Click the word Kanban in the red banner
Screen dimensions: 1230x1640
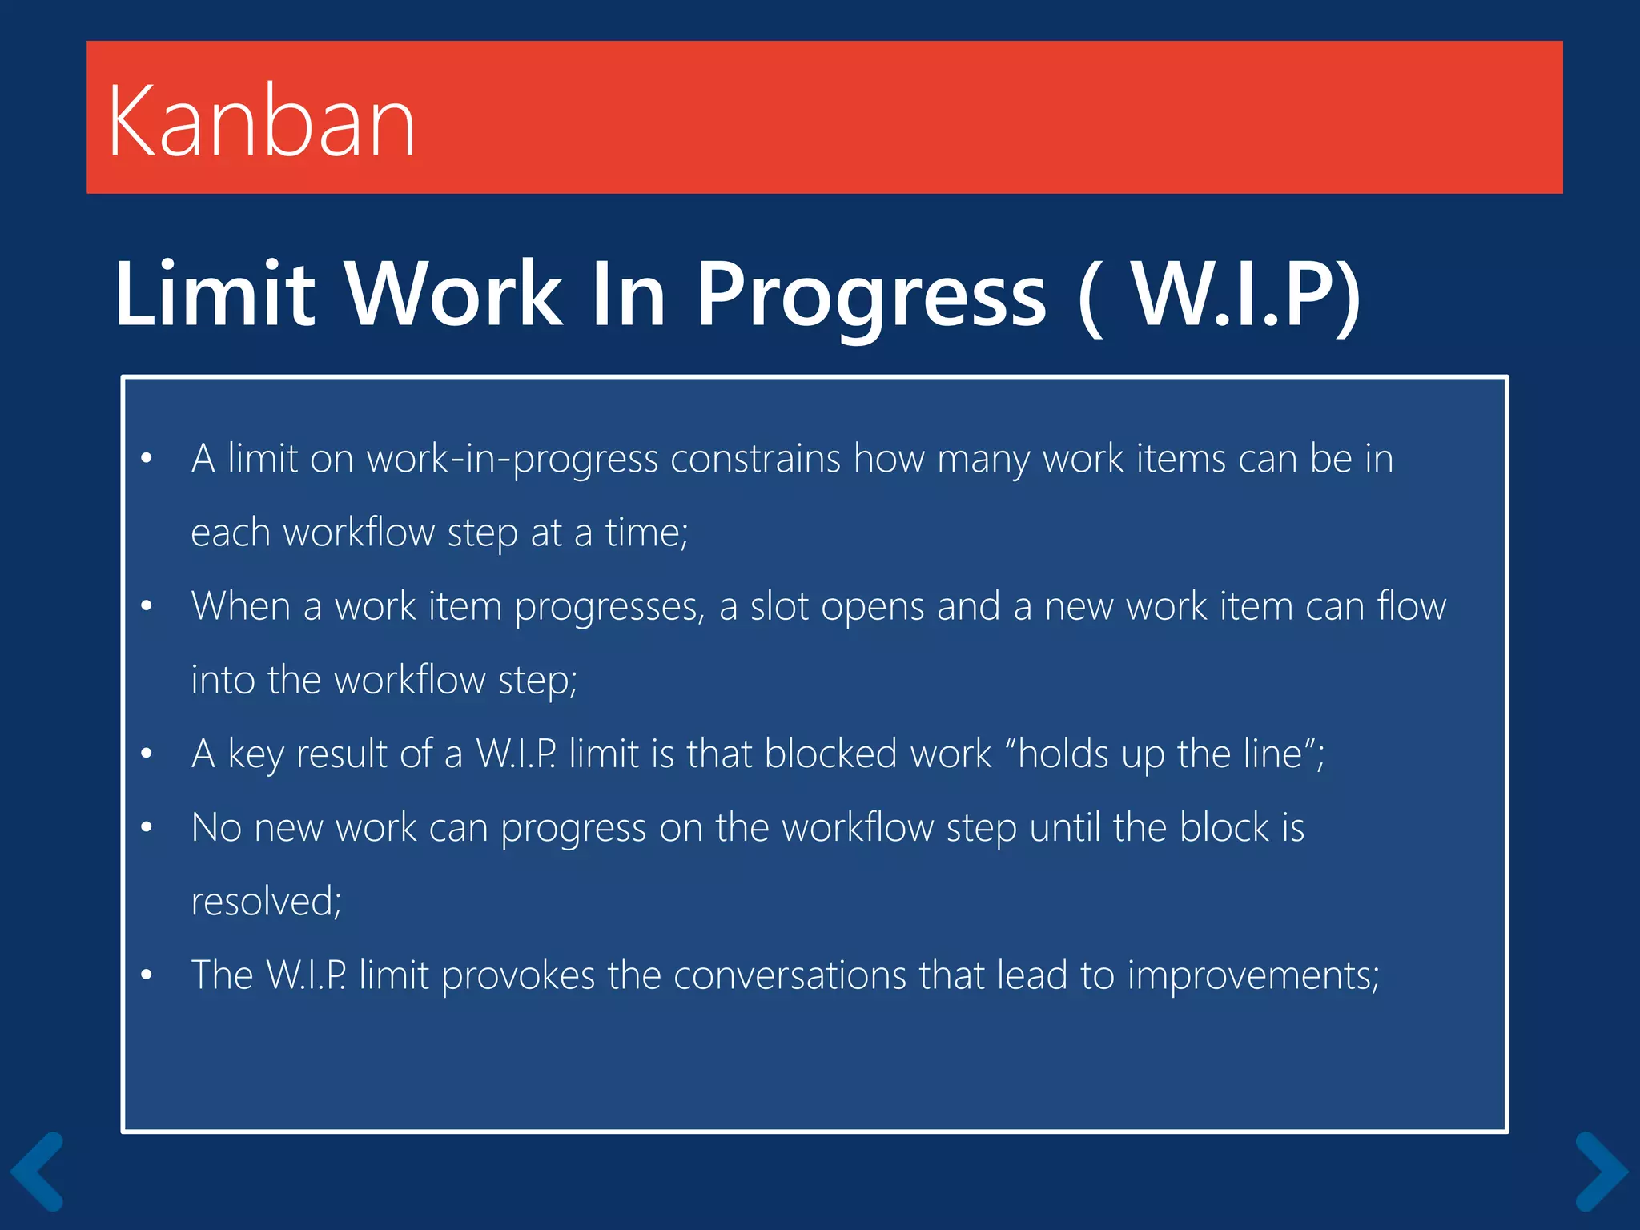point(261,123)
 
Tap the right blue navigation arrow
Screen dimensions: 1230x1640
point(1601,1171)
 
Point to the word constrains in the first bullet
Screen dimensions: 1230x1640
point(755,460)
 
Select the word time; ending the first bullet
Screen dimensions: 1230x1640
point(646,533)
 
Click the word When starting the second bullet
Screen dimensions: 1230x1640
point(240,606)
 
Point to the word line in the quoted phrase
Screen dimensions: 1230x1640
point(1272,754)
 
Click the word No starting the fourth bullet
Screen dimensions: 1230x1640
point(216,828)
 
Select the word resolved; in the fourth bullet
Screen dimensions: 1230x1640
point(266,902)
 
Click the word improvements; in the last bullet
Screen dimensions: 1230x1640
point(1253,975)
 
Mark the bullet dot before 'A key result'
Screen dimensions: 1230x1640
point(146,754)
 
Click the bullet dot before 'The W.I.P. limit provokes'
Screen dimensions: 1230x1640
point(146,975)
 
